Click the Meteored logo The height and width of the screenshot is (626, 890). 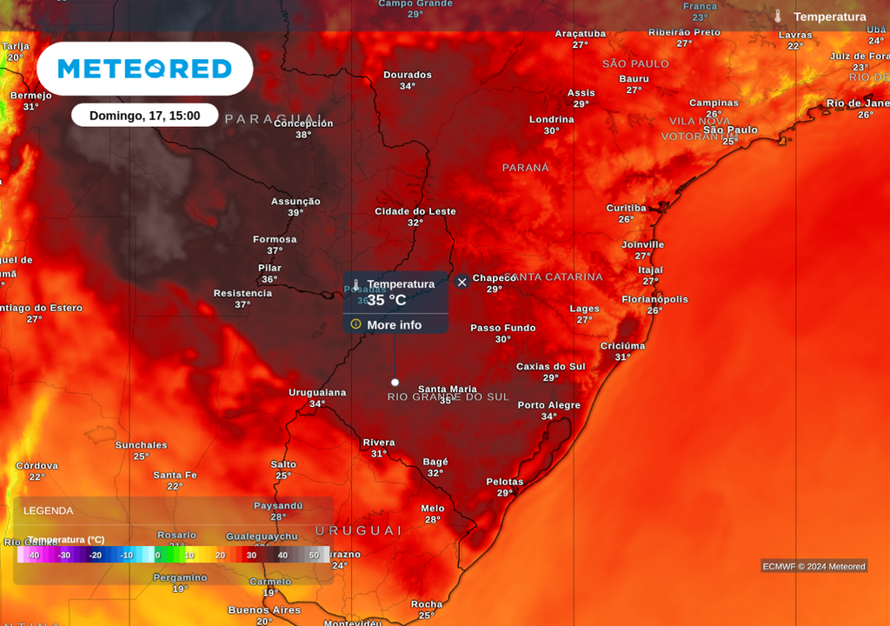point(144,69)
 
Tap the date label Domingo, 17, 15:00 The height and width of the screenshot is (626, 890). point(144,116)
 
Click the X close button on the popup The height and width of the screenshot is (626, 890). point(462,282)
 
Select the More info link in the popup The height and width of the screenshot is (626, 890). point(394,325)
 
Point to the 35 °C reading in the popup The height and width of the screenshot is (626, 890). point(387,300)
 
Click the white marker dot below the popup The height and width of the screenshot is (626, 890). point(395,383)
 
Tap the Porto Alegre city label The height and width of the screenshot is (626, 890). point(548,405)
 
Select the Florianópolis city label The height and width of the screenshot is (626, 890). point(654,299)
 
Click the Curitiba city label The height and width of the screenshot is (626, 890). point(626,208)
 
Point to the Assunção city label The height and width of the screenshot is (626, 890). point(296,201)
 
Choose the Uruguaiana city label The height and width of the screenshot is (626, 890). point(317,392)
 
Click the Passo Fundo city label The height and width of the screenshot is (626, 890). point(503,328)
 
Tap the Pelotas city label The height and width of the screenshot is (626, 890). point(505,482)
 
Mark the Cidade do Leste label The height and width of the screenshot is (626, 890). point(415,211)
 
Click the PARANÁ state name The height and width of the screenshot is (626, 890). point(526,167)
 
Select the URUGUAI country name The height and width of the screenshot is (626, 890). point(359,530)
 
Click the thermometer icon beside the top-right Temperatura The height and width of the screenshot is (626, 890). point(778,17)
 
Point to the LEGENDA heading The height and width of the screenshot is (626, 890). point(49,510)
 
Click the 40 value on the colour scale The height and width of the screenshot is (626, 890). point(282,555)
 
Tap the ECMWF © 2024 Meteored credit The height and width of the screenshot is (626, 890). point(814,567)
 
